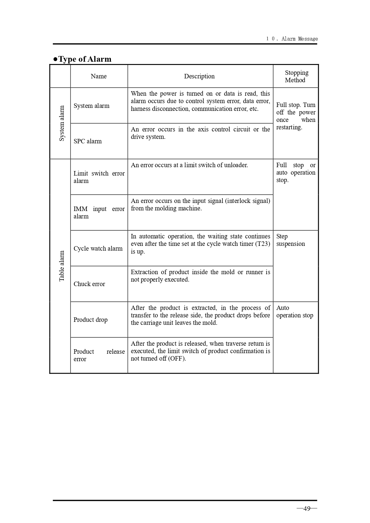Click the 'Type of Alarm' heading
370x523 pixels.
85,59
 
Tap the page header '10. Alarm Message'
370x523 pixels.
292,39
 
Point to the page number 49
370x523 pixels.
307,508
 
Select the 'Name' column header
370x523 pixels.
99,76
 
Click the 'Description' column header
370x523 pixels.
199,76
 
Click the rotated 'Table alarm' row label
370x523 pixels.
62,266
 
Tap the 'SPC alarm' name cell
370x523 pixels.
88,141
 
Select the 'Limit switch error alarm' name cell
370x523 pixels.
99,177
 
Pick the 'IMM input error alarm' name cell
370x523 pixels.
99,212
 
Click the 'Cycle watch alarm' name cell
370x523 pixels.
98,249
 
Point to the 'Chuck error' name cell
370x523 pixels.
89,284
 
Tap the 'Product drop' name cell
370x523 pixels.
90,320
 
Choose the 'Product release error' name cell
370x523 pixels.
99,355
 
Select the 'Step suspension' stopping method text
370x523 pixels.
290,240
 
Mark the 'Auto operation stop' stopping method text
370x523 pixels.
295,312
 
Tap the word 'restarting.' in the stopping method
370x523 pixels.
289,127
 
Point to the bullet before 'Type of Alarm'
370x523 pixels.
55,59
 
